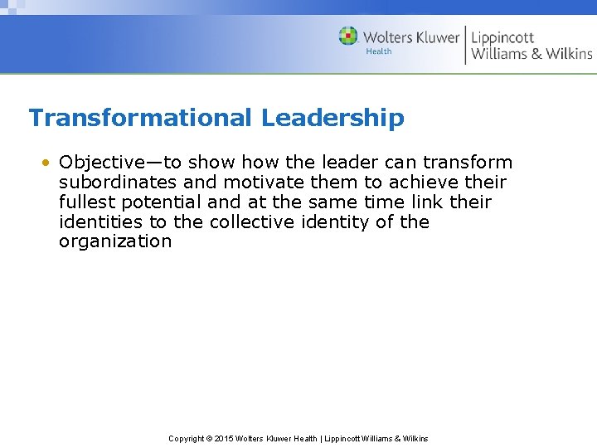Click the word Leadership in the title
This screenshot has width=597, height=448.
click(332, 118)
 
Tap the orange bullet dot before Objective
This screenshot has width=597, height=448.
click(48, 163)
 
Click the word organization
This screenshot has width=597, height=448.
click(115, 242)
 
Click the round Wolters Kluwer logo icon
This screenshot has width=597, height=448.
click(348, 36)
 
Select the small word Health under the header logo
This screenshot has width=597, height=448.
click(379, 51)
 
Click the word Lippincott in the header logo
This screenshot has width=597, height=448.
click(502, 37)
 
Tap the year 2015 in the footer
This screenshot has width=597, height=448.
click(224, 439)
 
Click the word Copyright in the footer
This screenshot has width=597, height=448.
click(187, 439)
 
